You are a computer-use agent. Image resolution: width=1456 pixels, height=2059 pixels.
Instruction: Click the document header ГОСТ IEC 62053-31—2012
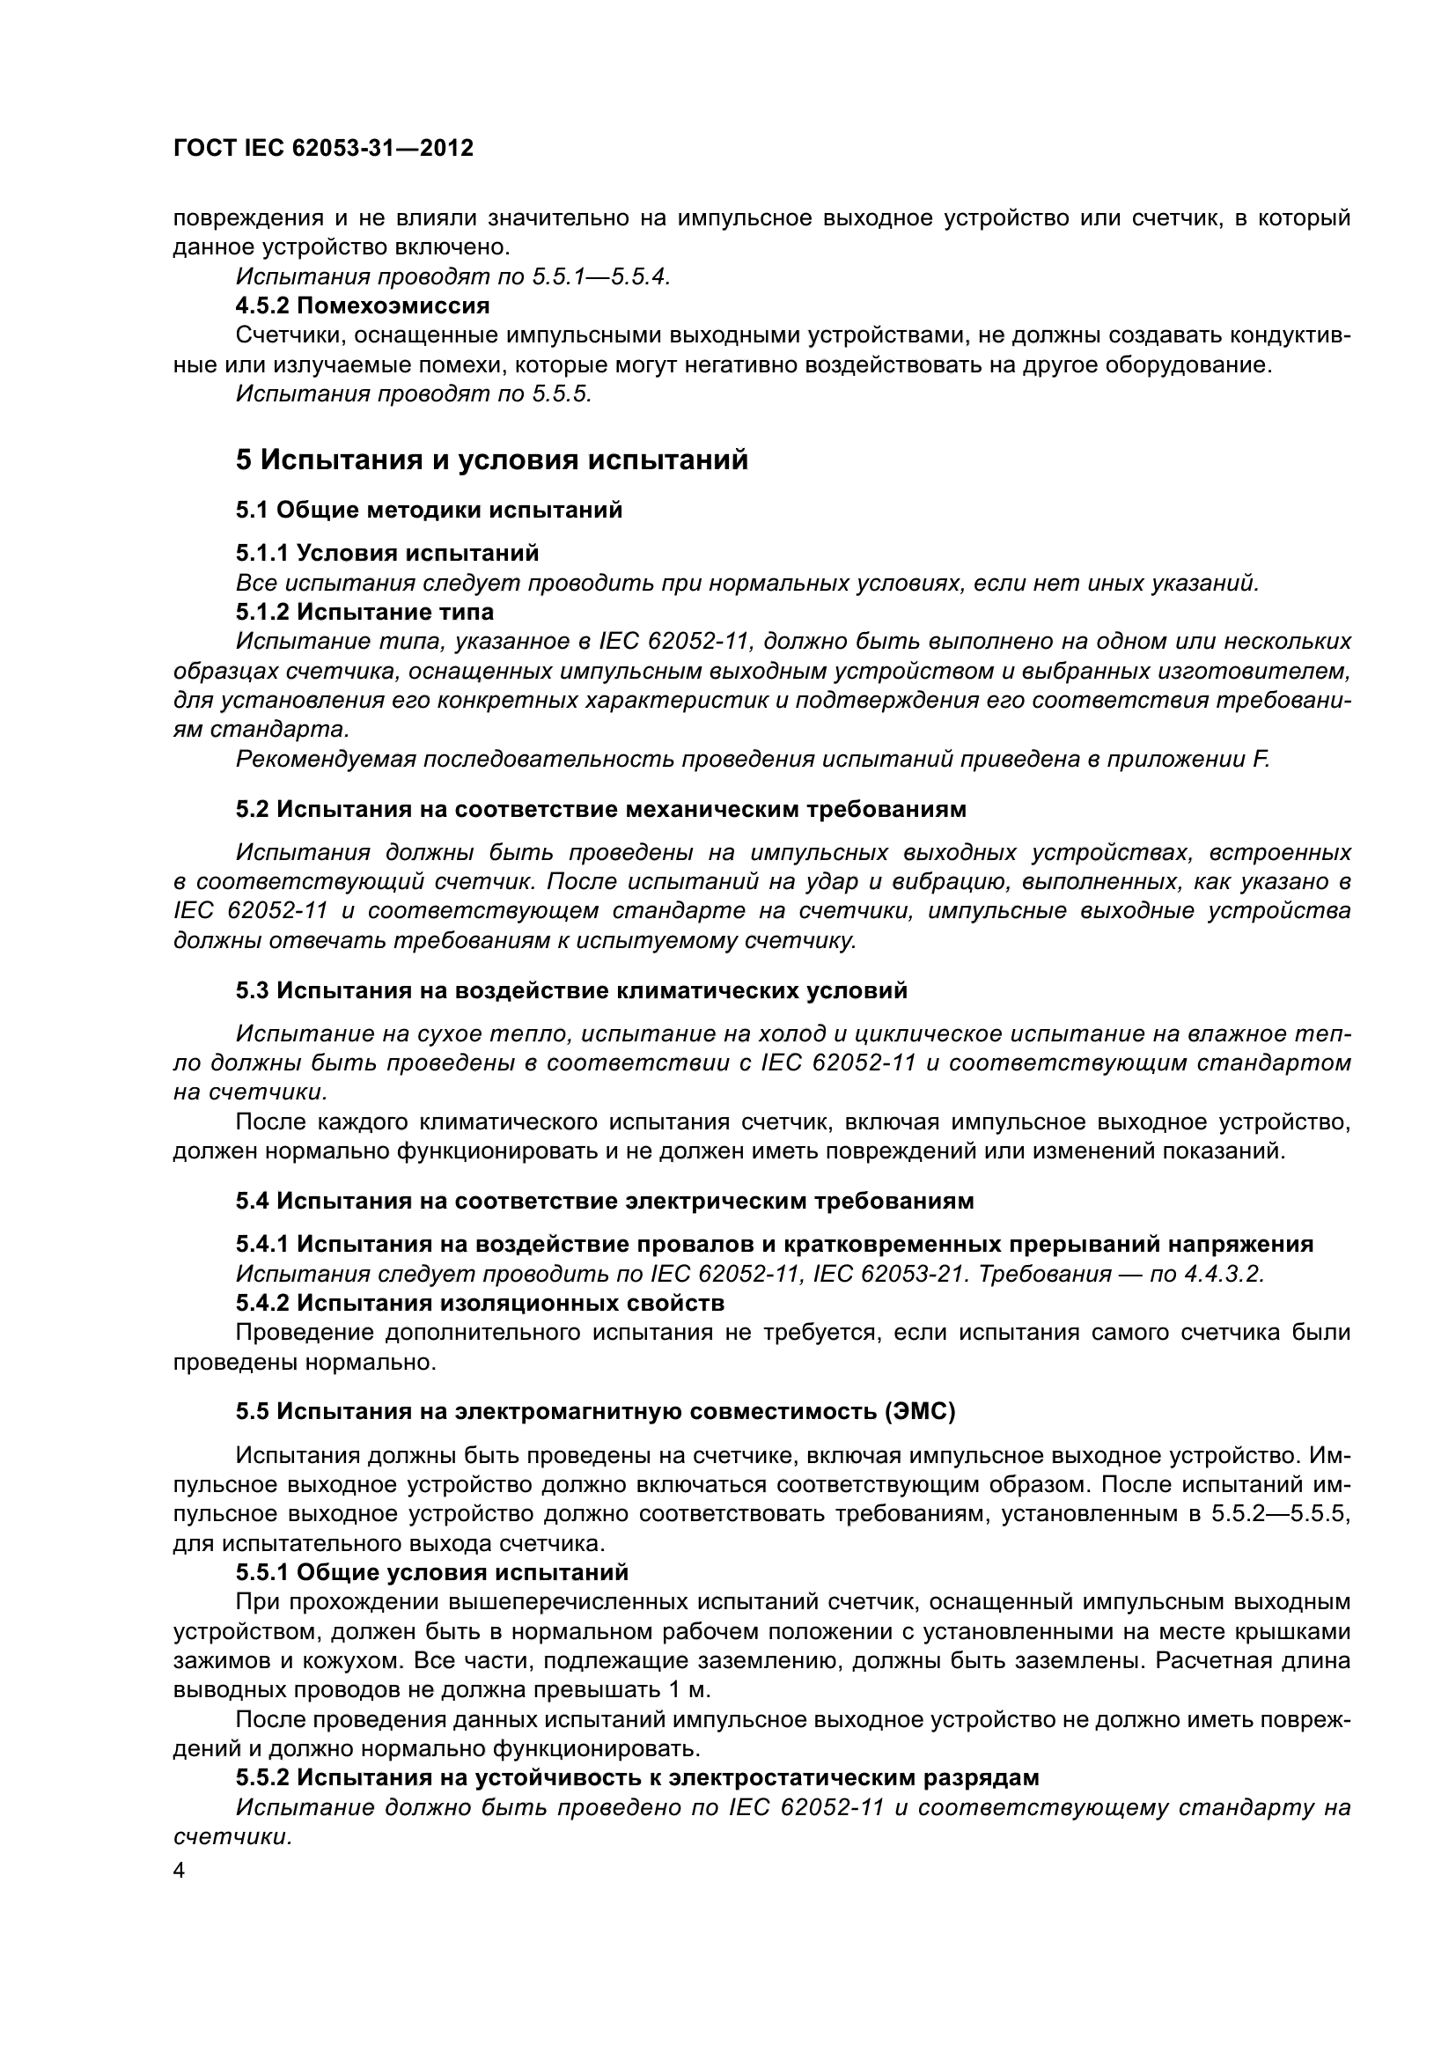[x=323, y=148]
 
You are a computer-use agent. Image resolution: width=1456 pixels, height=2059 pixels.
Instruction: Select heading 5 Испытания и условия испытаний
[x=491, y=460]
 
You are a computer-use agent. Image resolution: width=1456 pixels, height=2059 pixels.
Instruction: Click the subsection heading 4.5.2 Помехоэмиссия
[x=362, y=305]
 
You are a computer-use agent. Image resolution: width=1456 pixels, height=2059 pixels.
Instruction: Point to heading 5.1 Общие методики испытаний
[x=429, y=511]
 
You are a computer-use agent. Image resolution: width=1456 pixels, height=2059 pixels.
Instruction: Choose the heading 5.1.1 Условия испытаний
[x=387, y=553]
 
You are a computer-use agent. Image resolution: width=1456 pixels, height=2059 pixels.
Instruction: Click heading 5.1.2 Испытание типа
[x=365, y=612]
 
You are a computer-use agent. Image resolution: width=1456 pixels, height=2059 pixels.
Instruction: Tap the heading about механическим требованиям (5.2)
[x=600, y=809]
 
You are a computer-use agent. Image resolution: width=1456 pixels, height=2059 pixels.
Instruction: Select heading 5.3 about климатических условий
[x=571, y=990]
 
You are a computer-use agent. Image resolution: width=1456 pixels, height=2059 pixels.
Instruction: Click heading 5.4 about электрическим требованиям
[x=604, y=1201]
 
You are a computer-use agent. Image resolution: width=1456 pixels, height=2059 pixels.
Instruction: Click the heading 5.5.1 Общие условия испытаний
[x=431, y=1572]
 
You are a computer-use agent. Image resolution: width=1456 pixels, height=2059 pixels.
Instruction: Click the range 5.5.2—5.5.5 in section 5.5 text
[x=1280, y=1514]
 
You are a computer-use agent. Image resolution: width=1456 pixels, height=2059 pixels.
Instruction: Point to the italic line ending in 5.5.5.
[x=414, y=393]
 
